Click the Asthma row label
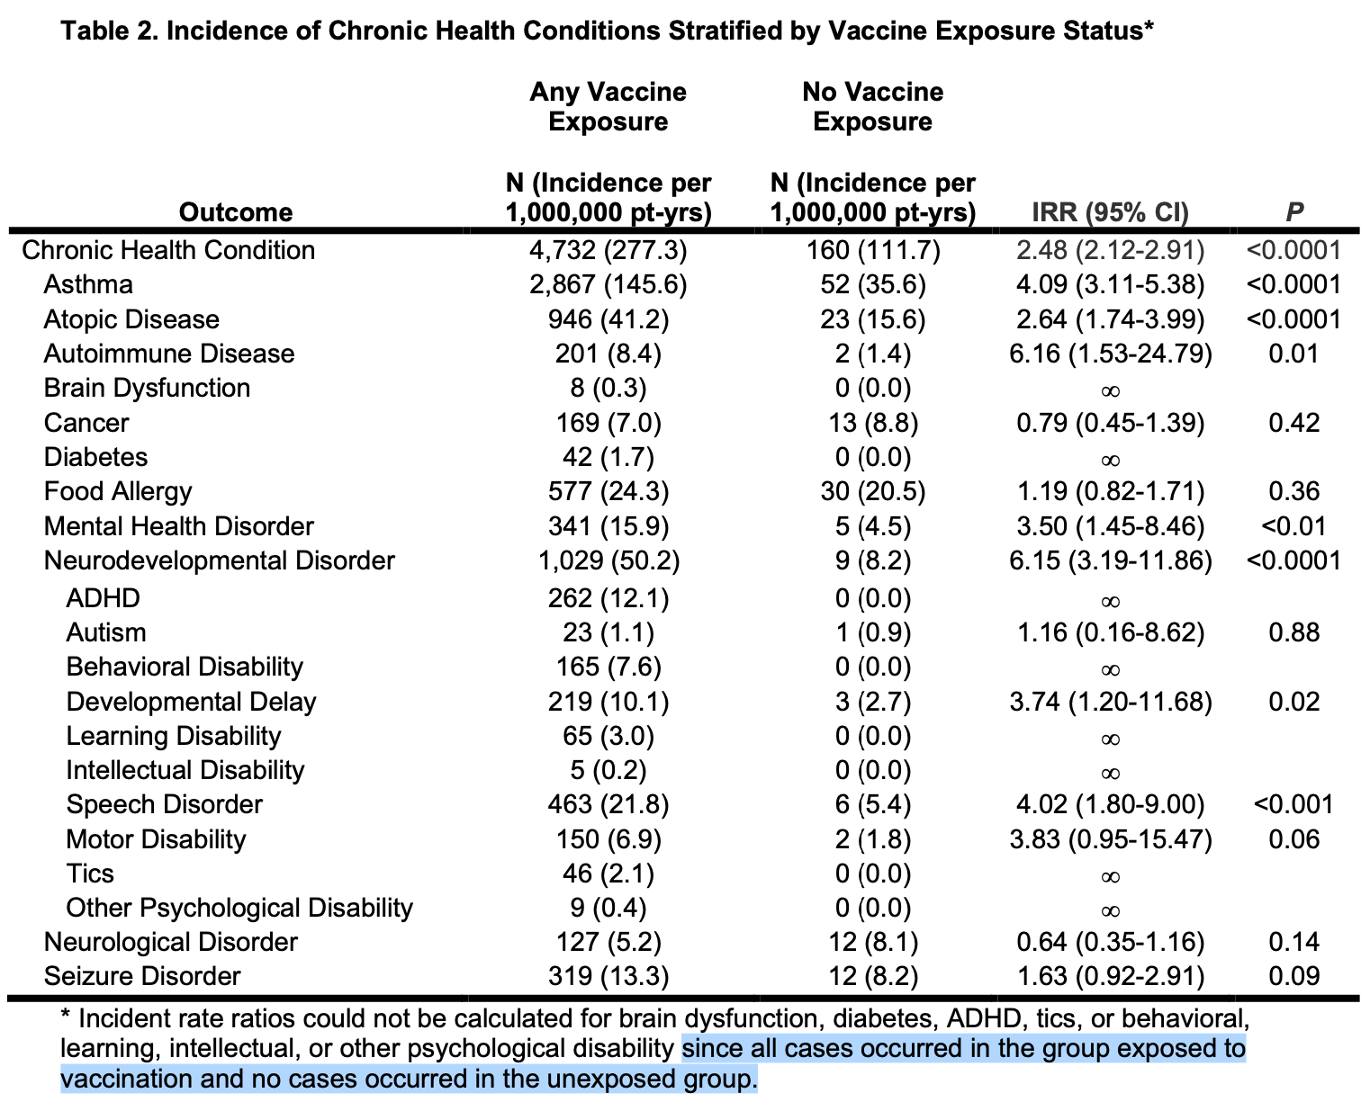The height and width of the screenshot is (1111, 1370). [x=88, y=284]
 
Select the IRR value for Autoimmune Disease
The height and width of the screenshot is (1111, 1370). [x=1110, y=354]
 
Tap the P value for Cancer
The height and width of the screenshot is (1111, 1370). [x=1293, y=423]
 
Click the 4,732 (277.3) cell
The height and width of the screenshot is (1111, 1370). [x=608, y=250]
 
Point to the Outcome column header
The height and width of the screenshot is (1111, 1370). [x=236, y=212]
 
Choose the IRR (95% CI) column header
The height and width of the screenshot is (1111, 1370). [x=1110, y=212]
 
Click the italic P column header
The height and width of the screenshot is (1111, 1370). [x=1293, y=212]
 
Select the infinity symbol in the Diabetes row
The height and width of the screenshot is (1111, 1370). [x=1110, y=460]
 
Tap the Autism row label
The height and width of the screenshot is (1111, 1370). [x=106, y=632]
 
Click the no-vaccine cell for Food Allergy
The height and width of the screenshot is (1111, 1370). [x=872, y=491]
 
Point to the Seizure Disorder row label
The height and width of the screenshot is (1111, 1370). [x=142, y=976]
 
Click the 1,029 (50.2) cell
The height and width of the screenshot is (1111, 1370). [x=608, y=560]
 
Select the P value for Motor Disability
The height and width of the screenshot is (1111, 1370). [x=1293, y=839]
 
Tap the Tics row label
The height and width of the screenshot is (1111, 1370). [x=90, y=874]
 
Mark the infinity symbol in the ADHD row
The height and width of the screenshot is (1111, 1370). [x=1110, y=601]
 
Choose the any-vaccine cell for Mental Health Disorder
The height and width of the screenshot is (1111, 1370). [x=608, y=526]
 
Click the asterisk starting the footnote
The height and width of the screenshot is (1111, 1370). [x=66, y=1017]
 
